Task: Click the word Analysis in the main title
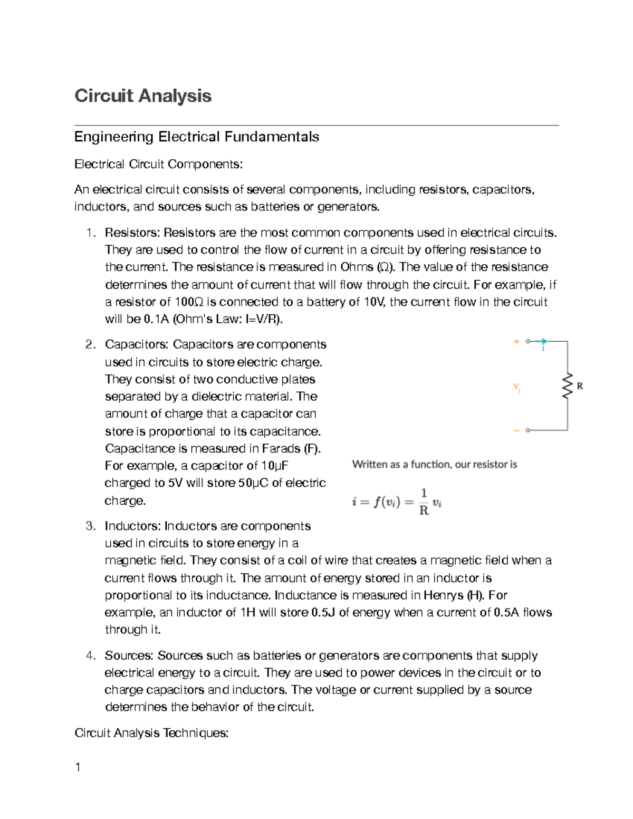175,96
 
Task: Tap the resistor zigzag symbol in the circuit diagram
568,386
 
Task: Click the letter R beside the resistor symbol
580,386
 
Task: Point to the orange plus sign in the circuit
516,342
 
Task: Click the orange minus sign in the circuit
516,430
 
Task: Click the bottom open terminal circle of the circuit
528,430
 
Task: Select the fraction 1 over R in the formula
423,502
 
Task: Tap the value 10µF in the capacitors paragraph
274,466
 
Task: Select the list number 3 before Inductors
90,526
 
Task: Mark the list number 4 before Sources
90,656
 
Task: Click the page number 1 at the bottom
78,767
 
